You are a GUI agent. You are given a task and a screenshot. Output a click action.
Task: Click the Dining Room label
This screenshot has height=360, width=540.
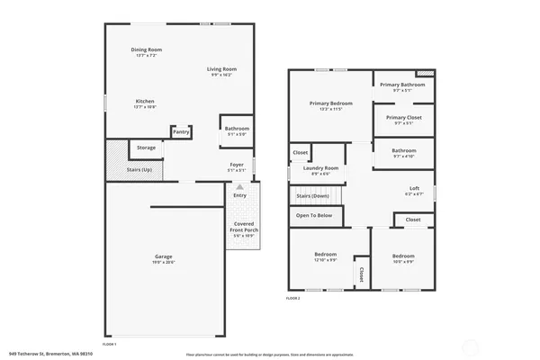point(147,49)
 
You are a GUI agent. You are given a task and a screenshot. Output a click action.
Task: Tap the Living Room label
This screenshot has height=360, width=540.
point(221,68)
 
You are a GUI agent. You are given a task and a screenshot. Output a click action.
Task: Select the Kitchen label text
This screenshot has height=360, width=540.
point(146,101)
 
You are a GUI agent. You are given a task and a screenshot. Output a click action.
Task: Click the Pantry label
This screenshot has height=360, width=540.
point(181,132)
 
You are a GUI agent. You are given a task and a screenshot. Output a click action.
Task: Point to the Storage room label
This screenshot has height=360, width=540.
point(146,147)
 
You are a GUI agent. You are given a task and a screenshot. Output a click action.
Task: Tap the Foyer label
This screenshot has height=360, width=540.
point(237,165)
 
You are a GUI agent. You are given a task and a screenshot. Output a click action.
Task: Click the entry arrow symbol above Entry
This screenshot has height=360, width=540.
point(239,186)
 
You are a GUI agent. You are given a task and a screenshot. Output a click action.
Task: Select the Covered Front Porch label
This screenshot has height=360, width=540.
point(243,229)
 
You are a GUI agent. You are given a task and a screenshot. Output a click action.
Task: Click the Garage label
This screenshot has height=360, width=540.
point(163,256)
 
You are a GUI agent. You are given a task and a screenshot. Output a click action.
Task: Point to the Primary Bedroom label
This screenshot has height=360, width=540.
point(330,103)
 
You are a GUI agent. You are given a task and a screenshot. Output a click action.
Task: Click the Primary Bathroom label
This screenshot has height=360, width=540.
point(401,85)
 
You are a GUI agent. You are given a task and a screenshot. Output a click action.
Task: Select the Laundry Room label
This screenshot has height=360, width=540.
point(320,168)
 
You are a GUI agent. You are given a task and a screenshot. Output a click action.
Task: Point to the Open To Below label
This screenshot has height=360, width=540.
point(314,215)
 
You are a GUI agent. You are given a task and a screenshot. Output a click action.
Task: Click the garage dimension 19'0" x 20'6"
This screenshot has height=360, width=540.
point(163,262)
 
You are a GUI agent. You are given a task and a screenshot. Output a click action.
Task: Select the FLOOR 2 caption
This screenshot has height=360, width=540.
point(293,297)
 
